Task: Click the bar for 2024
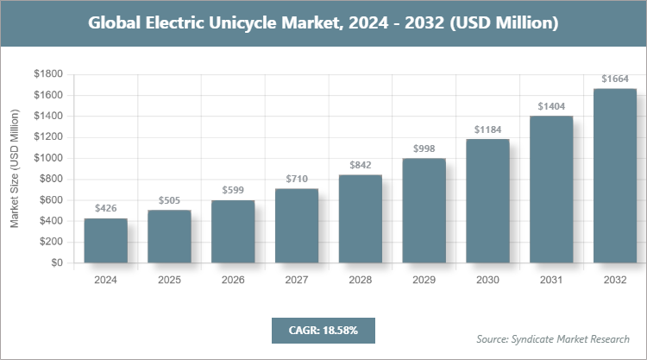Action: pyautogui.click(x=106, y=241)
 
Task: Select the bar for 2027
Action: pyautogui.click(x=297, y=225)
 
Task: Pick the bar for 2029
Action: pyautogui.click(x=424, y=211)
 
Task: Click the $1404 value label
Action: pyautogui.click(x=551, y=105)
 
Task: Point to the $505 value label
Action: pyautogui.click(x=169, y=200)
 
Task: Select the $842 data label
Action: pyautogui.click(x=361, y=165)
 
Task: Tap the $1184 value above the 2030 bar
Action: pyautogui.click(x=487, y=129)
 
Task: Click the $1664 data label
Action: pyautogui.click(x=615, y=79)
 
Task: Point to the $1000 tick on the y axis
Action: pyautogui.click(x=48, y=158)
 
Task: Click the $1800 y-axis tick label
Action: pyautogui.click(x=48, y=74)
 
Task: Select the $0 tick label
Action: pyautogui.click(x=57, y=263)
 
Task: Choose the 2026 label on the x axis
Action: pyautogui.click(x=233, y=281)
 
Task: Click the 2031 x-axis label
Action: pyautogui.click(x=551, y=281)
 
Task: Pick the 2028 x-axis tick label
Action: pyautogui.click(x=361, y=281)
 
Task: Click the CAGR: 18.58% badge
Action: pyautogui.click(x=323, y=331)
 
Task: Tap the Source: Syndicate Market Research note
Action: pyautogui.click(x=552, y=338)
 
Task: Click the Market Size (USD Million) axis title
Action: pyautogui.click(x=15, y=168)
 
